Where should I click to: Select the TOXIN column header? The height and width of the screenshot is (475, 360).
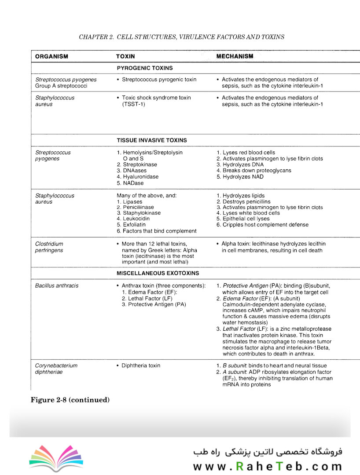coord(125,57)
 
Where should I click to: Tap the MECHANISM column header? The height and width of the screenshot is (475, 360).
coord(235,56)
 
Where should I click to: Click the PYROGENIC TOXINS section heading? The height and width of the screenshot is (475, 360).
coord(145,68)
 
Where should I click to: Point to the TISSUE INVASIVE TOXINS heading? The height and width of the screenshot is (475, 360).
coord(152,140)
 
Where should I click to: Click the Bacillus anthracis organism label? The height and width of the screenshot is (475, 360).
coord(57,285)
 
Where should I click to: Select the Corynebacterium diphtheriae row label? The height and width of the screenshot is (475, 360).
coord(56,369)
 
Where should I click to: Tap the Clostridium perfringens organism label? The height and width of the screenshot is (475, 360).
coord(49,247)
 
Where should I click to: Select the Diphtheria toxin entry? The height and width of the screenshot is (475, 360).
coord(141,365)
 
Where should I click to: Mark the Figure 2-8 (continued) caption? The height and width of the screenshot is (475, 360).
coord(70,400)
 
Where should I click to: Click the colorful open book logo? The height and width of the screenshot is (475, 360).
coord(56,458)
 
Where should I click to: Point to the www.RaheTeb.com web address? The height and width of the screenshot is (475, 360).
coord(267,466)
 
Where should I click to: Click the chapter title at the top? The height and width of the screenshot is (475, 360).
coord(181,37)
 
